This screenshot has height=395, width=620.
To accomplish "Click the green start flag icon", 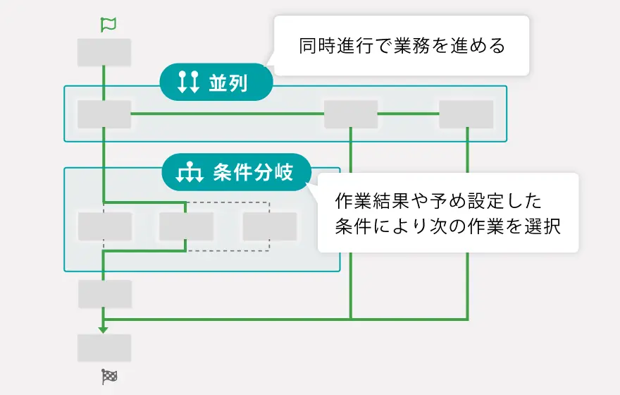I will click(x=108, y=25).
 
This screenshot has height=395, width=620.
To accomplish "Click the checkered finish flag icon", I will click(x=108, y=377).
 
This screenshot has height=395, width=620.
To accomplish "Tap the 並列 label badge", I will click(x=216, y=82).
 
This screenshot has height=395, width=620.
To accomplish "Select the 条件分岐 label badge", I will click(x=237, y=172).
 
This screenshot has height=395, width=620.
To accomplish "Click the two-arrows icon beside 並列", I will click(x=187, y=82).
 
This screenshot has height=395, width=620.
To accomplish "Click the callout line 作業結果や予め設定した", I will click(x=438, y=202).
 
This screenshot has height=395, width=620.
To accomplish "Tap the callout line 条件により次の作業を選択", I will click(x=447, y=227).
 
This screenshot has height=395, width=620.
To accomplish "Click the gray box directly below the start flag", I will click(x=104, y=52).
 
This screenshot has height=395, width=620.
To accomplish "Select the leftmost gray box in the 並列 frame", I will click(x=104, y=114).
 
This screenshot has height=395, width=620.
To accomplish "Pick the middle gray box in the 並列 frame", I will click(x=351, y=114).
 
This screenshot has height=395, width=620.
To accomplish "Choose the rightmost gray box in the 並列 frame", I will click(x=466, y=114).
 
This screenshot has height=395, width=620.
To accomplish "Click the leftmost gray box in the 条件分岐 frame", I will click(x=104, y=226).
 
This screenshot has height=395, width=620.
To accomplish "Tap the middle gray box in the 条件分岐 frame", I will click(x=186, y=226).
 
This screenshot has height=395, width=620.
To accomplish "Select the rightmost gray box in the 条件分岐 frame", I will click(x=270, y=226).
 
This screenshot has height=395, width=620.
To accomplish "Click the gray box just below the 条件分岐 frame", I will click(x=104, y=293).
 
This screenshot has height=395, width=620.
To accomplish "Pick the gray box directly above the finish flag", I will click(x=104, y=348).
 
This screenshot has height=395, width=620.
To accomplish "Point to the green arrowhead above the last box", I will click(x=104, y=329).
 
